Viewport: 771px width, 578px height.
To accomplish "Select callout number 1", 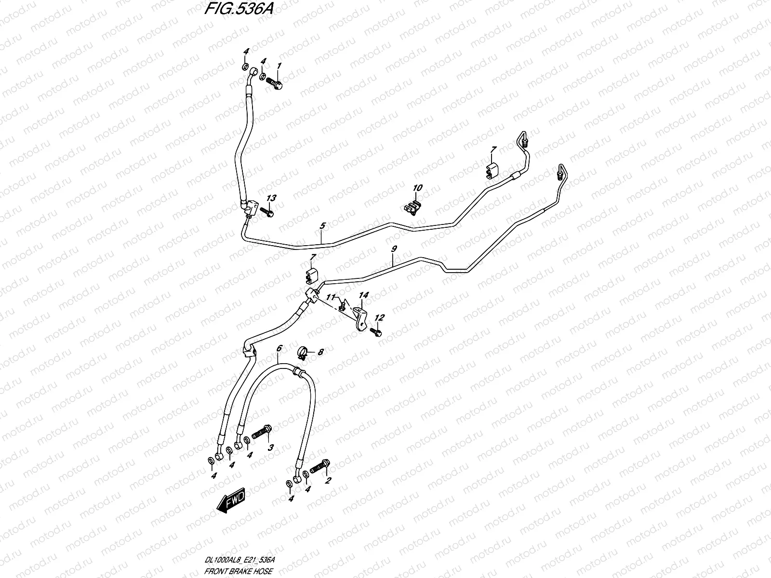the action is tap(279, 66).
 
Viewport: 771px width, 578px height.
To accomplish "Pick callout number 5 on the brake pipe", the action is tap(322, 225).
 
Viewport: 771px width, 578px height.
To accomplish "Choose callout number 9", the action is tap(394, 249).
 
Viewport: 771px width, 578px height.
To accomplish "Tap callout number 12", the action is tap(380, 317).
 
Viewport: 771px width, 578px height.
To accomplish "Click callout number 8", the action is tap(320, 352).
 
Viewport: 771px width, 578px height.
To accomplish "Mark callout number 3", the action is tap(270, 447).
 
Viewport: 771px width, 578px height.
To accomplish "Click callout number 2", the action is tap(328, 480).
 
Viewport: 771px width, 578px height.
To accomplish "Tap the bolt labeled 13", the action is tap(266, 211).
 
